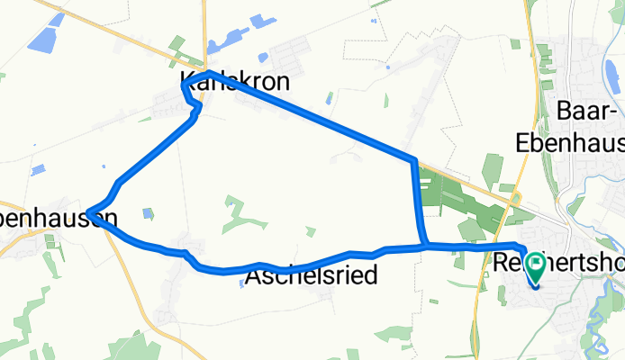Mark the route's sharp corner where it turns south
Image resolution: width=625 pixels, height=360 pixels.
(414, 162)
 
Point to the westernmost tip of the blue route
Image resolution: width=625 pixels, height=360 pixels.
(90, 213)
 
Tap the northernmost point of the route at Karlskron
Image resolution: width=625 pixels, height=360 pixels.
(208, 73)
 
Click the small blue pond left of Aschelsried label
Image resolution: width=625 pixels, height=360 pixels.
(243, 282)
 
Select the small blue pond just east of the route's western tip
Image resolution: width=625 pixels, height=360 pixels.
(147, 213)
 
